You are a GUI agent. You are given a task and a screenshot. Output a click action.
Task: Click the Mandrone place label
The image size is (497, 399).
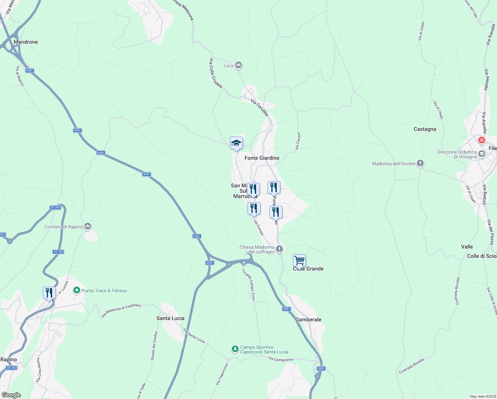[26, 42]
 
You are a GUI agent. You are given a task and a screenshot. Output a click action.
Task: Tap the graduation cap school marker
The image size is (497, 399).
[236, 143]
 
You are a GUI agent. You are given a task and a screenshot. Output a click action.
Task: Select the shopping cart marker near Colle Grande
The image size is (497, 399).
[299, 261]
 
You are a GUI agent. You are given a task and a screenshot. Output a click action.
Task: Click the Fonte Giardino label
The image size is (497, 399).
[262, 158]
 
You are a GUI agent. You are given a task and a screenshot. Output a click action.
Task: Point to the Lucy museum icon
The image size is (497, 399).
[238, 65]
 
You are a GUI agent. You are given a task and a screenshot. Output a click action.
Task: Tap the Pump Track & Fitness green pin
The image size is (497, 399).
[77, 290]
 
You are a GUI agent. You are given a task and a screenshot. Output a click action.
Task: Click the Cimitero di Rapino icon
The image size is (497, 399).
[88, 226]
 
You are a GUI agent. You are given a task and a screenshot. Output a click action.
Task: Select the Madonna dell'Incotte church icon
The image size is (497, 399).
[420, 163]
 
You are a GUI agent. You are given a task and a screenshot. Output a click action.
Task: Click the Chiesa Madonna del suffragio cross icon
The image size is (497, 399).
[279, 248]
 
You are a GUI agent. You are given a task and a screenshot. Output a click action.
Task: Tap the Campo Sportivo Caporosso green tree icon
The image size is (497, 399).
[235, 349]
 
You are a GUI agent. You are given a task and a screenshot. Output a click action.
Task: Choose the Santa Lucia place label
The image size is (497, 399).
[170, 318]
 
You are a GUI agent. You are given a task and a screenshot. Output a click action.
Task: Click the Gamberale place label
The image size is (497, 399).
[308, 320]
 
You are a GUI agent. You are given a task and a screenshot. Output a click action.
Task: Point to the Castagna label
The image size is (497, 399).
[425, 129]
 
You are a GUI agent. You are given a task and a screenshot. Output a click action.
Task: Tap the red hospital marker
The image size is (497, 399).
[481, 140]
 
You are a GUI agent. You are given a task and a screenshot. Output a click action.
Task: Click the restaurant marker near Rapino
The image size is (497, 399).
[49, 293]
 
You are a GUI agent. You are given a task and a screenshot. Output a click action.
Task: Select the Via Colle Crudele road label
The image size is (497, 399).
[216, 73]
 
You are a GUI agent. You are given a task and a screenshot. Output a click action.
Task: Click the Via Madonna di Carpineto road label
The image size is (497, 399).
[121, 310]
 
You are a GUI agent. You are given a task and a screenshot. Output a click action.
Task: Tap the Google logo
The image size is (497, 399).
[11, 395]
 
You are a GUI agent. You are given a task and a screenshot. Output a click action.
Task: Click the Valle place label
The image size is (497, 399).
[467, 247]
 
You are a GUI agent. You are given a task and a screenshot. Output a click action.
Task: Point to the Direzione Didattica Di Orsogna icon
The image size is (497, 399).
[482, 154]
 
